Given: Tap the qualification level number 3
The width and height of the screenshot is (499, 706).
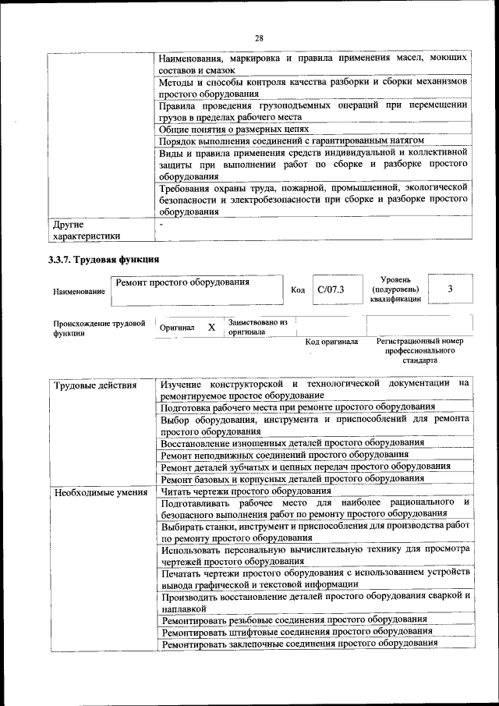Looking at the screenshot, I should point(450,289).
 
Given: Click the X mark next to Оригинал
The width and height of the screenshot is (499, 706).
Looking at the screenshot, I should point(211,328).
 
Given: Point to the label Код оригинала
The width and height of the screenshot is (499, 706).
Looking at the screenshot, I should point(331,342).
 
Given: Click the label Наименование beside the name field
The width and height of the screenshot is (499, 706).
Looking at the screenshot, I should point(79,291).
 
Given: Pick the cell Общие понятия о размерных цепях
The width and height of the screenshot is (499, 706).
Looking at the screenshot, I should point(235,129).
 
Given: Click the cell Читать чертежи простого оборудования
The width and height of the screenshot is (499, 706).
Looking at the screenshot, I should point(246,491).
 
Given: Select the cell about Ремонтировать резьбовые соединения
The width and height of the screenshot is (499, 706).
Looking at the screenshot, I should point(294,619).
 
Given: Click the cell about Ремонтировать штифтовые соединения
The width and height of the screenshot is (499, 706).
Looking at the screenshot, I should point(296,630).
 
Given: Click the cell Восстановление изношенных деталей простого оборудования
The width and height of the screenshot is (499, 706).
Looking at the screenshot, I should point(292,442).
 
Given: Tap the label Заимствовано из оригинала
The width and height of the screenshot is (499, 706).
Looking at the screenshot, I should point(257,327).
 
